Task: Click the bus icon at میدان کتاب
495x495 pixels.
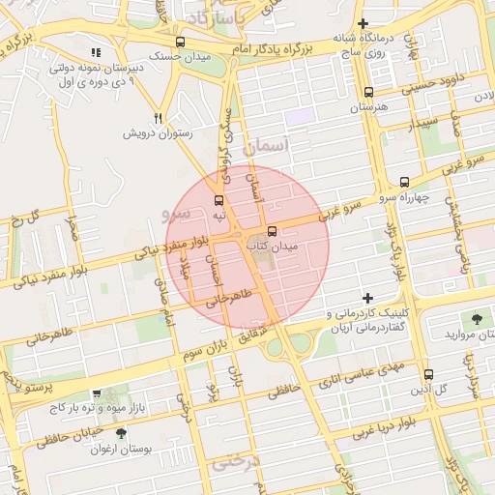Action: click(x=272, y=232)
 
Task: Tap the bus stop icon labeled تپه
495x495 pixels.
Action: click(x=219, y=200)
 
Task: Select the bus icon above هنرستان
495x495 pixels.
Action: click(x=367, y=93)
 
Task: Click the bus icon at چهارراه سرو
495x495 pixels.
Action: click(x=404, y=182)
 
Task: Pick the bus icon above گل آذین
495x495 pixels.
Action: click(x=429, y=374)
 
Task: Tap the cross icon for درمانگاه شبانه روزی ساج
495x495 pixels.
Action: click(x=364, y=23)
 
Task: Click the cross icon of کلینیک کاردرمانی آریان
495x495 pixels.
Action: click(x=366, y=299)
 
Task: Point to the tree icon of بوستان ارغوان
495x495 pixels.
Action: click(x=120, y=433)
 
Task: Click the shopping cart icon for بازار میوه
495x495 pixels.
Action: click(x=96, y=394)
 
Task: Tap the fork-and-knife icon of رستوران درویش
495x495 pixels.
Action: click(x=159, y=118)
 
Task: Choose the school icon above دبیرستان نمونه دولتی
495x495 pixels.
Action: click(x=95, y=53)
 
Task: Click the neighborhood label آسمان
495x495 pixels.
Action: click(x=268, y=148)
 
